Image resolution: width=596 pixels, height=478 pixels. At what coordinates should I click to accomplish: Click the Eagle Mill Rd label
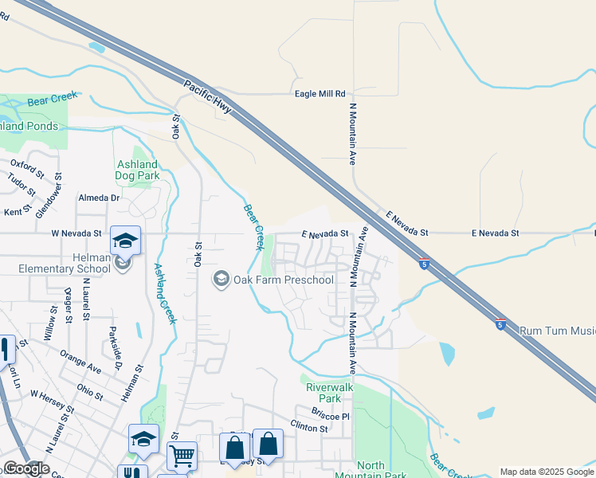[320, 93]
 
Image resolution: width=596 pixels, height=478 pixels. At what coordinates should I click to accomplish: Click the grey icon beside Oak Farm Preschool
[220, 279]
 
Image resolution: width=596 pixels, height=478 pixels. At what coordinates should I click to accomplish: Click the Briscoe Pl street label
[331, 416]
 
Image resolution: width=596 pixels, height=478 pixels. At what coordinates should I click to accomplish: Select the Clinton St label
[309, 428]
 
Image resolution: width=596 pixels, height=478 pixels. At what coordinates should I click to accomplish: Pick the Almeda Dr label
[98, 198]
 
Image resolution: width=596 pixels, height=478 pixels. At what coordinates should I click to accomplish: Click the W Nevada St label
[76, 233]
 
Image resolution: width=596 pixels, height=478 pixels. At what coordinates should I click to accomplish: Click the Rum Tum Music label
[557, 330]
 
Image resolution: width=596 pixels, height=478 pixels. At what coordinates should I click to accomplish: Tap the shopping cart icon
[182, 456]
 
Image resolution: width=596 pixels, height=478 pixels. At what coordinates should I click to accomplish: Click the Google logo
[25, 468]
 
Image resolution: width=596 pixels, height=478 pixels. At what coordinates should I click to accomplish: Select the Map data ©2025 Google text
[546, 472]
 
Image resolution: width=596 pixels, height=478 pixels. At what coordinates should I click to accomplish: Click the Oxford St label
[27, 169]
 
